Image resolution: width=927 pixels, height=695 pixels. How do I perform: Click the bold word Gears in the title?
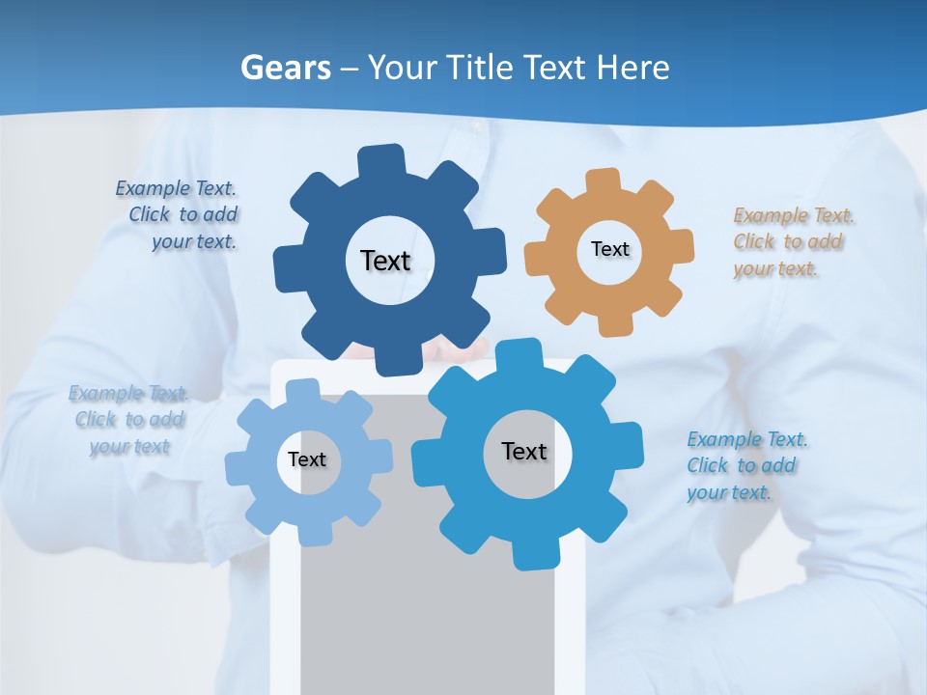(x=285, y=69)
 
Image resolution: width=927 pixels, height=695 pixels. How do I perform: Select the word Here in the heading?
(x=632, y=69)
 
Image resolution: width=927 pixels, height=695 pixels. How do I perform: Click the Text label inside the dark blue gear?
(x=385, y=261)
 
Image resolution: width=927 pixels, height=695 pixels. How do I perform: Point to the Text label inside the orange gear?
(x=609, y=249)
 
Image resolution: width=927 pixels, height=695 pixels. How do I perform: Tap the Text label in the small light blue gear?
(x=307, y=459)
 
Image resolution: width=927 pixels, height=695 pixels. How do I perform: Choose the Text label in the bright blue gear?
(x=524, y=451)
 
